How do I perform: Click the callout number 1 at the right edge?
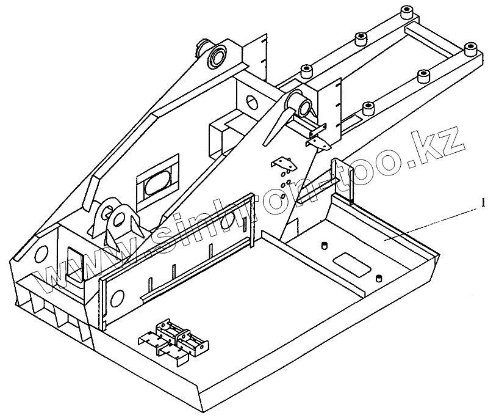[483, 204]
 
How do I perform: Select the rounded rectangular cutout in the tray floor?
[350, 264]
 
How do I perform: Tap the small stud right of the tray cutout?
[379, 279]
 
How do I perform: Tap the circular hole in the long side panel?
[117, 298]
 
